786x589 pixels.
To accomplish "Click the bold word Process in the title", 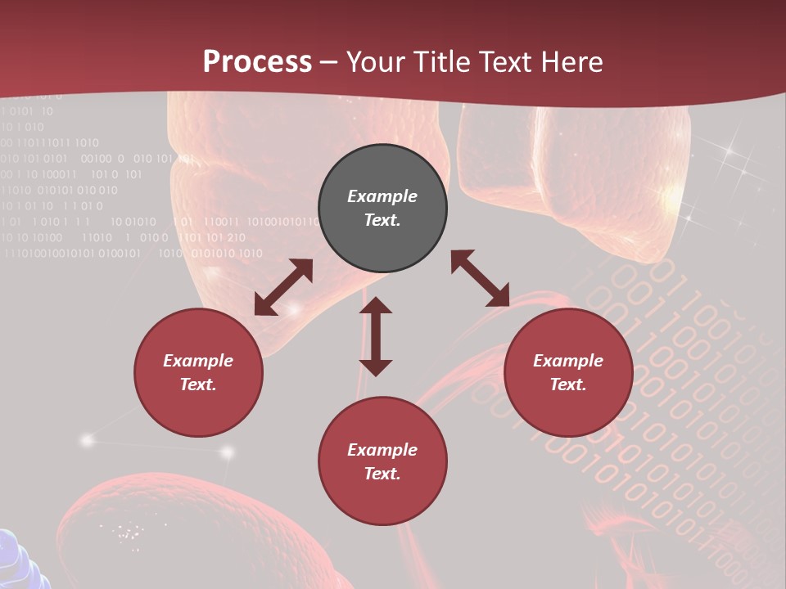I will [257, 62].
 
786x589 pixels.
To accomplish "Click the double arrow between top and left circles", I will [283, 287].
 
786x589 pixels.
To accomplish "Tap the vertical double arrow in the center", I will [376, 336].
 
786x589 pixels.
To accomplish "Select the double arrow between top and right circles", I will [481, 278].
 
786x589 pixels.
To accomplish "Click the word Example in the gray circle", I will [382, 196].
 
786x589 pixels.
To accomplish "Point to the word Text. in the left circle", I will [198, 384].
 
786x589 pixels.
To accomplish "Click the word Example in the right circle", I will [568, 361].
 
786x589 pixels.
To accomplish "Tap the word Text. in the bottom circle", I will [382, 474].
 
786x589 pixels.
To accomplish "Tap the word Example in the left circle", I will [198, 361].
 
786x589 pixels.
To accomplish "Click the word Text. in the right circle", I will [568, 384].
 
